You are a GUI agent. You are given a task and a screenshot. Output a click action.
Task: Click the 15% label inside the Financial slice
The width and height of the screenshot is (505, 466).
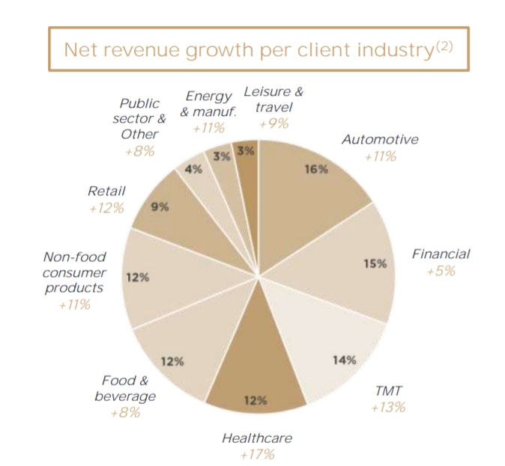(x=375, y=263)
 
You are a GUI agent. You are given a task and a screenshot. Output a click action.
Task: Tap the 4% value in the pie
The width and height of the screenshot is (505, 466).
(x=193, y=169)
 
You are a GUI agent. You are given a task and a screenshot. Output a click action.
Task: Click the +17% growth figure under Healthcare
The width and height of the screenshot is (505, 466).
(x=257, y=453)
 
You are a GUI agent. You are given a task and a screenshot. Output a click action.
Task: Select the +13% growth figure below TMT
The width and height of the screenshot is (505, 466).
(x=387, y=407)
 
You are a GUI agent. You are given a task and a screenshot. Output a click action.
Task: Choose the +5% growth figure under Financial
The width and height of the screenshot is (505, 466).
(x=441, y=270)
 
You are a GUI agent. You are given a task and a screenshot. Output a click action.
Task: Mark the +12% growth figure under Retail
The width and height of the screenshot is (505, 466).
(x=106, y=208)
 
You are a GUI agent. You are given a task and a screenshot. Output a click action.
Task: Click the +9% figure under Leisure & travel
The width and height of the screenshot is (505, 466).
(x=273, y=124)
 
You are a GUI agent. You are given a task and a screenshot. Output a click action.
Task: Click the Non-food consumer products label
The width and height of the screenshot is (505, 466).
(x=75, y=272)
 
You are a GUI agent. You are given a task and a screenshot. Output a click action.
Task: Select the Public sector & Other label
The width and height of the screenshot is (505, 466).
(x=140, y=119)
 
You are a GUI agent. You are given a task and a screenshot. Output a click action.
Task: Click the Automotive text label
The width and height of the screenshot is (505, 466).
(x=380, y=140)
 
